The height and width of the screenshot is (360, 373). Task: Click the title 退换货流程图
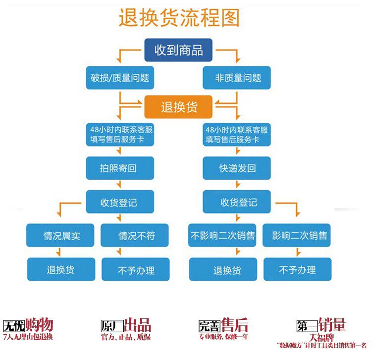[179, 18]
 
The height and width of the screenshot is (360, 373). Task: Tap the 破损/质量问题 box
[119, 78]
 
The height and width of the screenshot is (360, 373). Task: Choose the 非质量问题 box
[237, 78]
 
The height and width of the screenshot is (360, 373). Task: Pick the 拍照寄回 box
[119, 168]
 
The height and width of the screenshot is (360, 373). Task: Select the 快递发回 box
[237, 168]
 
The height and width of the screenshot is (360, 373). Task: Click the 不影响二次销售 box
[223, 236]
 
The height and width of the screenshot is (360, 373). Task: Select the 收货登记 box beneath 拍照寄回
[119, 202]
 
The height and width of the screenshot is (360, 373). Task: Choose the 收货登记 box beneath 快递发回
[237, 202]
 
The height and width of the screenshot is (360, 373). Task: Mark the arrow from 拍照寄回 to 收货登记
[119, 185]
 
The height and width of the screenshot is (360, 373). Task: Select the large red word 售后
[235, 325]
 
